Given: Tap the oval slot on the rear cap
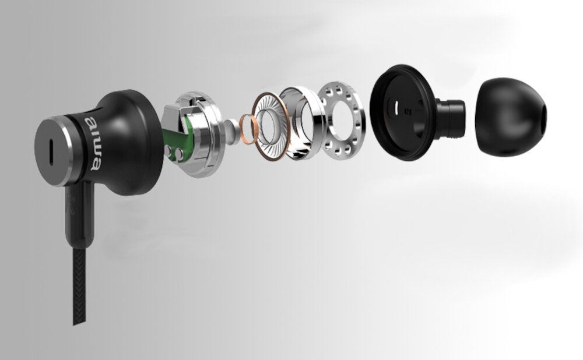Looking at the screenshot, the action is pos(52,152).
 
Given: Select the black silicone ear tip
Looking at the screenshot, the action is pos(511,117).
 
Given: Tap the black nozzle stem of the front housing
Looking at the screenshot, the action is pos(450,118).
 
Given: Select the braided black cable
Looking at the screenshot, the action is pos(79,286).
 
